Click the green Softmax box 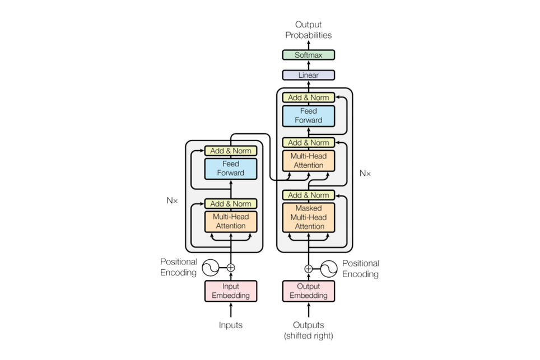(308, 55)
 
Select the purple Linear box (308, 75)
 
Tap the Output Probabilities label (308, 30)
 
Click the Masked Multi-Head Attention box (308, 217)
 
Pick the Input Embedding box (231, 291)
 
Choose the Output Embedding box (308, 291)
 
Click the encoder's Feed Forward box (231, 169)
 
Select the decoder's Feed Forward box (308, 115)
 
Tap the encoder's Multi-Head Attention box (231, 221)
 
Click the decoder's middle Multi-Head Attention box (308, 160)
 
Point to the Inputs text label (231, 325)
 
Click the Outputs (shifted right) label (308, 330)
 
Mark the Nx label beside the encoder (172, 200)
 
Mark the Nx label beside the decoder (365, 174)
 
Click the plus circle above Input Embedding (231, 268)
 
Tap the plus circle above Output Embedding (308, 268)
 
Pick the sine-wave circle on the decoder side (329, 268)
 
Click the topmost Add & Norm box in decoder (308, 97)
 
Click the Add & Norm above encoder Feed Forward (231, 151)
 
